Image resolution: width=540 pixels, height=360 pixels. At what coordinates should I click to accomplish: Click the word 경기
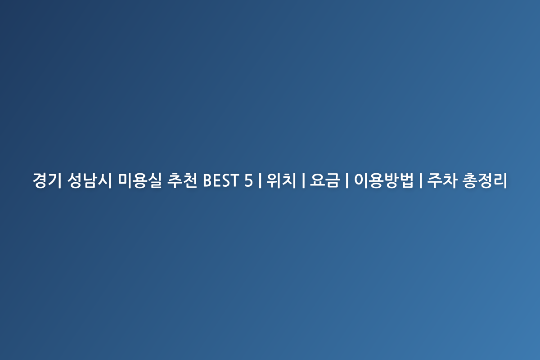(x=47, y=180)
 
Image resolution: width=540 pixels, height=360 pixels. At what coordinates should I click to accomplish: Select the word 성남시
(x=90, y=180)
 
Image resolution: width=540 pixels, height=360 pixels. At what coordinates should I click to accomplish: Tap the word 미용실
(x=139, y=180)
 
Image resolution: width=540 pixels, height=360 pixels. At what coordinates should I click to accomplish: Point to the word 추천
(x=182, y=180)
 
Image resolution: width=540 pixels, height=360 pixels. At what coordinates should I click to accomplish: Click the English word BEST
(x=221, y=180)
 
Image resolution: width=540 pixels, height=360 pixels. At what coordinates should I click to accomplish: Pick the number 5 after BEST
(x=248, y=180)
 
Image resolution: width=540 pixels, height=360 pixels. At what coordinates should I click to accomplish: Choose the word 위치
(x=281, y=180)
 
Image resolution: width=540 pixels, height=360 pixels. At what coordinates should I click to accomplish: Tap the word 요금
(x=325, y=180)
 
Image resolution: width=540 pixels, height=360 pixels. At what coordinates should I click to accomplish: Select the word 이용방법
(x=383, y=180)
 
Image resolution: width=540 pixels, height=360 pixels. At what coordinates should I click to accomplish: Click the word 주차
(x=442, y=180)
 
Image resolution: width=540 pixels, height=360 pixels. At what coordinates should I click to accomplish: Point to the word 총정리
(x=485, y=180)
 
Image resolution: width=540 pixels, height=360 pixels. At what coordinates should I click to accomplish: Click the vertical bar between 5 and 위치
(x=260, y=180)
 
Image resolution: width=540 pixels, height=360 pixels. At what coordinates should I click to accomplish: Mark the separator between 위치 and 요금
(x=303, y=180)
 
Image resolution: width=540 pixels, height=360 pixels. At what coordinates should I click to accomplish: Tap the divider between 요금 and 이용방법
(x=347, y=180)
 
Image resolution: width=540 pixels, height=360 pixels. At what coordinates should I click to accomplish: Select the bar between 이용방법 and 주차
(x=420, y=180)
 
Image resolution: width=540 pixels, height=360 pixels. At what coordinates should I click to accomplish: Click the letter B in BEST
(x=208, y=180)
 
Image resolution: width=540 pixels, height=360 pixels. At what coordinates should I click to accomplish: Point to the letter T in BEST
(x=234, y=180)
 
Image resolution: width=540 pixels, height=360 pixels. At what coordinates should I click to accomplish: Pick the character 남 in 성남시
(x=90, y=180)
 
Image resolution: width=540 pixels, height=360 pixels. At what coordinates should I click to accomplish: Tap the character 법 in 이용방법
(x=406, y=180)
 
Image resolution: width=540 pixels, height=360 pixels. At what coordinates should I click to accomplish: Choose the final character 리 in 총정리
(x=500, y=180)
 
